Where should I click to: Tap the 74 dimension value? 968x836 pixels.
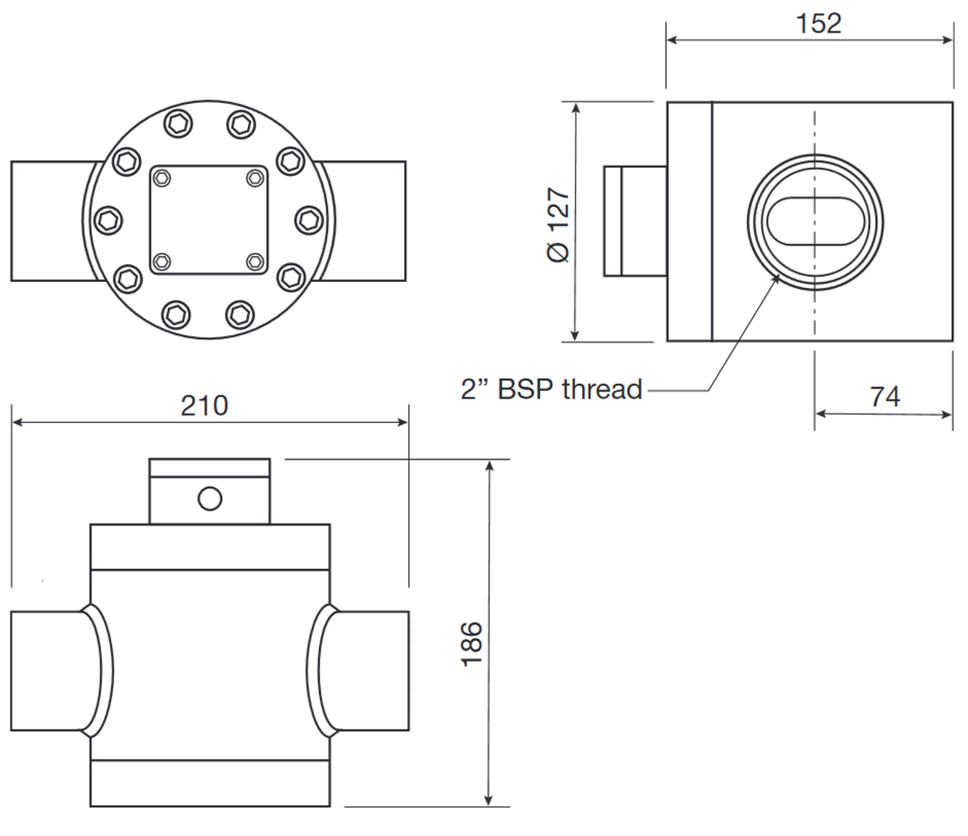pos(885,397)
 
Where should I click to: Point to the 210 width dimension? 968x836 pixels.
pos(205,406)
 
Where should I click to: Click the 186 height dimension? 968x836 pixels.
pos(472,643)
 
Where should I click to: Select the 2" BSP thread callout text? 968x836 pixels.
pos(551,389)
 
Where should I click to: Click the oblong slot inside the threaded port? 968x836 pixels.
pos(814,221)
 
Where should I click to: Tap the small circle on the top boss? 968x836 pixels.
pos(210,498)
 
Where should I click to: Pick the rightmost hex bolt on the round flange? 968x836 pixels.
pos(308,220)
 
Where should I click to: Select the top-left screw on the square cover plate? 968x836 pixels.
pos(162,177)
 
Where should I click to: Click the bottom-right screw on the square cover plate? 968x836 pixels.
pos(254,261)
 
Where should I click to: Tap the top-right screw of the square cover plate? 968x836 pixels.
pos(254,177)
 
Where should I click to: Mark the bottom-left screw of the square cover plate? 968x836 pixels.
pos(162,261)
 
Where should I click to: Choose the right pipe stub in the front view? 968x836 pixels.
pos(371,671)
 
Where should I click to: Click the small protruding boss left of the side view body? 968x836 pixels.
pos(634,221)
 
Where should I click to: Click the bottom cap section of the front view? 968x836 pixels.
pos(209,783)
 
